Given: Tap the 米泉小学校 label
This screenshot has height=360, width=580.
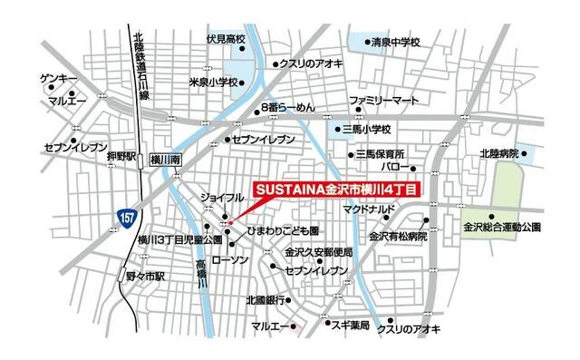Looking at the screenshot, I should click(213, 83).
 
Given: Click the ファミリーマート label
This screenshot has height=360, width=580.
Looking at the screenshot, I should click(384, 98).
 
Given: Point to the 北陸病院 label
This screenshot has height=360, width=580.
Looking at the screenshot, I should click(498, 154).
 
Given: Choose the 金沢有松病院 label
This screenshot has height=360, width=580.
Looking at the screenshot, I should click(397, 236).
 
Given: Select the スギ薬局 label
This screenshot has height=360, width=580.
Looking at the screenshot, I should click(347, 324).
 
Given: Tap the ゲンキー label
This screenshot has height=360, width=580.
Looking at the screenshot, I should click(58, 80).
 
